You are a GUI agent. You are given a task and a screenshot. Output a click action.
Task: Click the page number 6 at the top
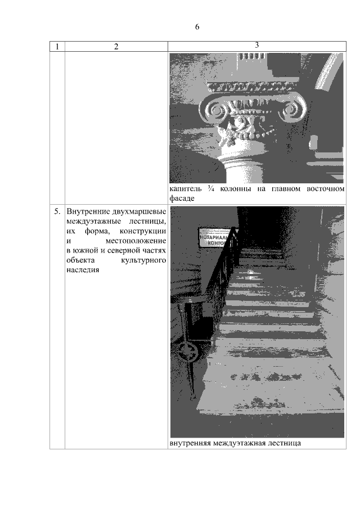[197, 27]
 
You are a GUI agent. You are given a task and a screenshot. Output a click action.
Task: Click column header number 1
[57, 47]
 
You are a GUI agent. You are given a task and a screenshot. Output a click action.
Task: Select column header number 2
[116, 47]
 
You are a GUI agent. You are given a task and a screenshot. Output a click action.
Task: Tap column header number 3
[256, 46]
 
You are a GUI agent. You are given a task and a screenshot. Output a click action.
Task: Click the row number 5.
[57, 212]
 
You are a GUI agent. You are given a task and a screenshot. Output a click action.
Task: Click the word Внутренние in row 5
[88, 212]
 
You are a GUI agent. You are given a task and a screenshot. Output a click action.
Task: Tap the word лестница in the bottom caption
[283, 443]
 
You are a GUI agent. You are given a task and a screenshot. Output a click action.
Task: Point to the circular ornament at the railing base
[188, 355]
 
